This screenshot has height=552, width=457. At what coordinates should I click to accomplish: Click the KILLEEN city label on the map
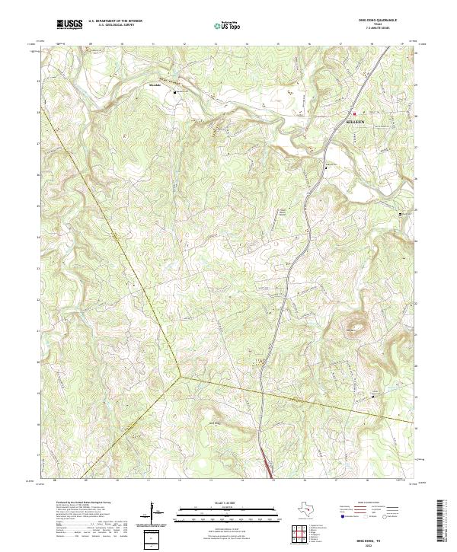coord(355,121)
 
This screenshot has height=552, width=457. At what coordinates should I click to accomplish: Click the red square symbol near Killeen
coord(353,114)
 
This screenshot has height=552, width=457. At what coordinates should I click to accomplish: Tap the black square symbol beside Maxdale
coord(177,91)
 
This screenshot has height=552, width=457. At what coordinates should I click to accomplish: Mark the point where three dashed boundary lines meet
coord(181,375)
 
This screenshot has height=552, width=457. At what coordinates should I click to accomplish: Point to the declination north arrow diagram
coord(155,511)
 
